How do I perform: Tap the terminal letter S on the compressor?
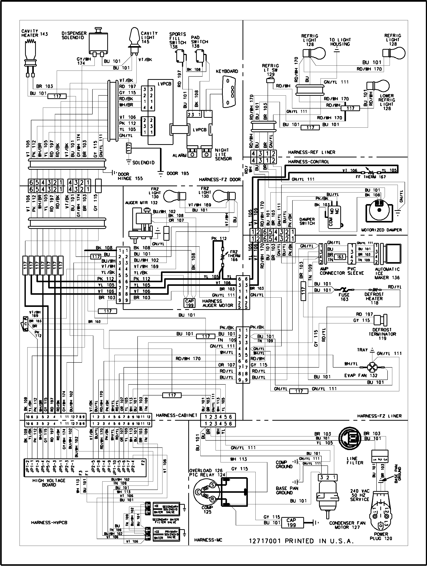pos(213,485)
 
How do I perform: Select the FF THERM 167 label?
pos(374,177)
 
